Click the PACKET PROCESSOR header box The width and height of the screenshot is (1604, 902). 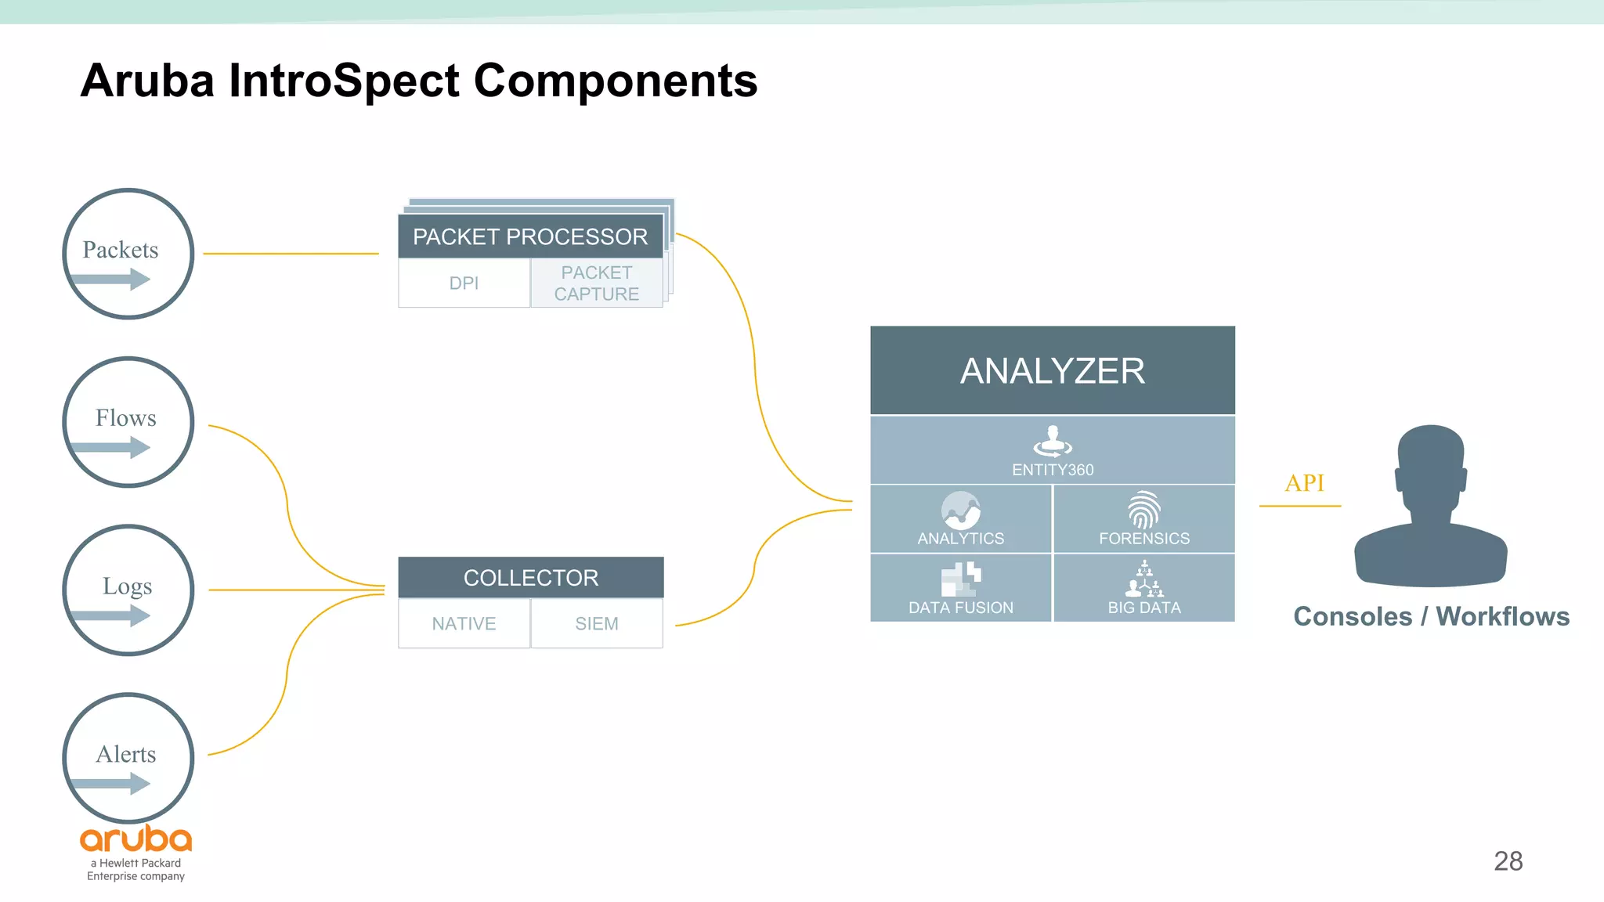[x=530, y=236]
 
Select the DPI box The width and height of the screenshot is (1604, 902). [x=464, y=283]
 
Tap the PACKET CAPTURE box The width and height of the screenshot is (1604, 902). [x=596, y=283]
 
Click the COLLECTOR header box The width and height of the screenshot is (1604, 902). [x=530, y=578]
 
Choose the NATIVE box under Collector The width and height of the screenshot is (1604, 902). [x=464, y=624]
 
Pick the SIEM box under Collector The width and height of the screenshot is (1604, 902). [x=596, y=624]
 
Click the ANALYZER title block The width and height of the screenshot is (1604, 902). [x=1052, y=371]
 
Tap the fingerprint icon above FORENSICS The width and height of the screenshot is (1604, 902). [x=1143, y=510]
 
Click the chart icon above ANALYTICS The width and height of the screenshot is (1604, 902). [x=961, y=511]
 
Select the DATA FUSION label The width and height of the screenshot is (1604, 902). [x=960, y=608]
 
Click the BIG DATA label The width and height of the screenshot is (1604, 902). [x=1143, y=608]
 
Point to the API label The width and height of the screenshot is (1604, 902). [x=1304, y=483]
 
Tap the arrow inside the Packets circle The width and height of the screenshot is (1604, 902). [x=110, y=280]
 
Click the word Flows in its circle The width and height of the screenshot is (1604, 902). [x=125, y=418]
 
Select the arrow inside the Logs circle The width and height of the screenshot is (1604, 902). [x=110, y=616]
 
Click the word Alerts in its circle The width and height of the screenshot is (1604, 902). [x=125, y=754]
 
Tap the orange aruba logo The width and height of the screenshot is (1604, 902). [x=135, y=839]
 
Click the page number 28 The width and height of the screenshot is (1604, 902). [x=1508, y=861]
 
